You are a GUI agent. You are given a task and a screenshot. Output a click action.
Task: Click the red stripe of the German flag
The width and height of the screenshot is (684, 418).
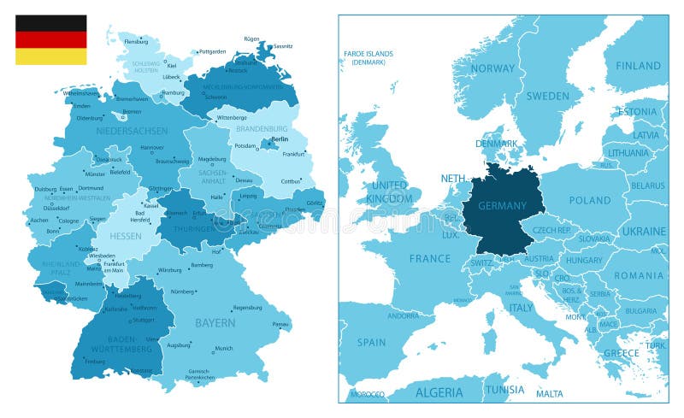[50, 39]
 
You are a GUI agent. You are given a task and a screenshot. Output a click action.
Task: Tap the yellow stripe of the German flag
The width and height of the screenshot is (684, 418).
[50, 56]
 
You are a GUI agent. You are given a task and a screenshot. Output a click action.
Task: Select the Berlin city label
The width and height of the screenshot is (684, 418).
[279, 138]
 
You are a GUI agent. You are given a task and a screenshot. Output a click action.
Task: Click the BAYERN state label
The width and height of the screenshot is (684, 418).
[215, 323]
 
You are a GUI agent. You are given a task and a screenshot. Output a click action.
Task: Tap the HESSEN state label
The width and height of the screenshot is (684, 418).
[126, 235]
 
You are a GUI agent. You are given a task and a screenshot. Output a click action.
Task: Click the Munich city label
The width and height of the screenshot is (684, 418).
[224, 349]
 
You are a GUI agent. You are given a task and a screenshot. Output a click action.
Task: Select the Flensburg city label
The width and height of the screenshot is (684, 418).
[136, 41]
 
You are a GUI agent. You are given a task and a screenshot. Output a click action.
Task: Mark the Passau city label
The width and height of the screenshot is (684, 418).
[280, 325]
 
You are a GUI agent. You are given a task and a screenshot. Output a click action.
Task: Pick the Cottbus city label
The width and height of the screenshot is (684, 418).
[291, 181]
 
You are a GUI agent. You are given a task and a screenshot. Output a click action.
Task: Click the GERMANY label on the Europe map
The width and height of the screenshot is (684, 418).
[502, 206]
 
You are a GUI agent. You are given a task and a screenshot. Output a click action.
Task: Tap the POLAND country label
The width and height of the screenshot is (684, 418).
[590, 200]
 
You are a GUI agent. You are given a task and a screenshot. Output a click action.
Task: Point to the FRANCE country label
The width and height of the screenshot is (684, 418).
[429, 258]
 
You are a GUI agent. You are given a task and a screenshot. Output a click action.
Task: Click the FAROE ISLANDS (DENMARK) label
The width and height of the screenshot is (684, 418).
[369, 58]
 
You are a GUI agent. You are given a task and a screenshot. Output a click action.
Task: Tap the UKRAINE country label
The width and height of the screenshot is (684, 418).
[643, 231]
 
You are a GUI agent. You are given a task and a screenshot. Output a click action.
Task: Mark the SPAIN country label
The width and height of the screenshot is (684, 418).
[371, 342]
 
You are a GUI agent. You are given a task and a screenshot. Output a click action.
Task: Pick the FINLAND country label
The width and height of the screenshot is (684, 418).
[639, 65]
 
